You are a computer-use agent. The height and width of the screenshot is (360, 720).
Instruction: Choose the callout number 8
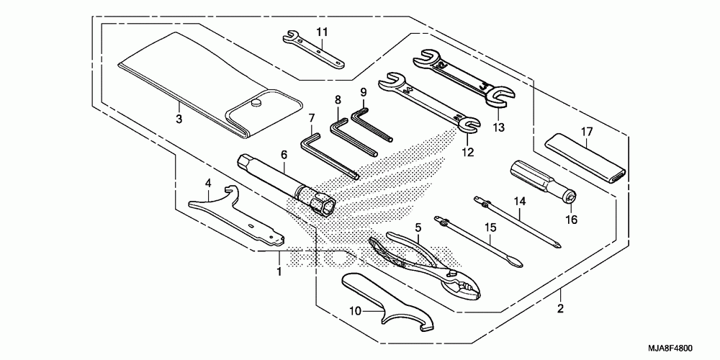click(x=338, y=100)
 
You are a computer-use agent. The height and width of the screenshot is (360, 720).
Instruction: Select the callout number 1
click(x=279, y=271)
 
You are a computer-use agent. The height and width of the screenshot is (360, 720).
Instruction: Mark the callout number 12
click(x=469, y=152)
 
